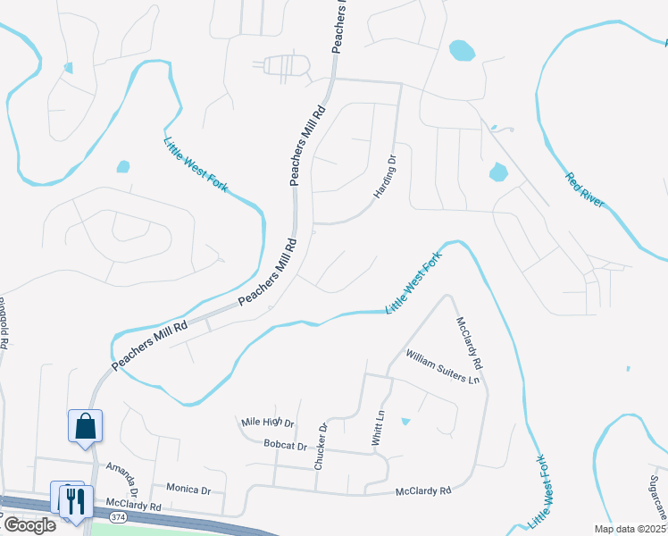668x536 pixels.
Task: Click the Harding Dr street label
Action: [385, 176]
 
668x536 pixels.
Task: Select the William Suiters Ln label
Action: [443, 366]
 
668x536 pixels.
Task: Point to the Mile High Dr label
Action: [268, 423]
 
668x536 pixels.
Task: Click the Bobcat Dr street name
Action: [285, 445]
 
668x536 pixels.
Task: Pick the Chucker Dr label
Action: [320, 447]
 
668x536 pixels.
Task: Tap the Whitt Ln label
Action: [376, 428]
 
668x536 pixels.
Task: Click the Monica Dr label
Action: [188, 490]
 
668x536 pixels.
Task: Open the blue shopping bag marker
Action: [86, 425]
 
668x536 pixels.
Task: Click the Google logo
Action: [29, 525]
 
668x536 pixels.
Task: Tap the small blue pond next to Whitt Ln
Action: [405, 422]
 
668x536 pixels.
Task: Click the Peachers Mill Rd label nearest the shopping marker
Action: [149, 348]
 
